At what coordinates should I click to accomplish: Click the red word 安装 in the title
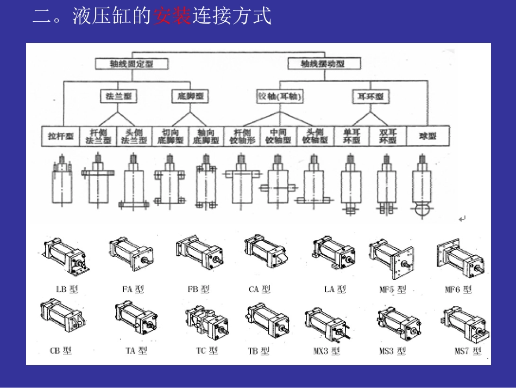click(172, 16)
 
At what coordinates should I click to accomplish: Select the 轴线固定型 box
click(132, 64)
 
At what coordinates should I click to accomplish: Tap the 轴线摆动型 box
click(323, 64)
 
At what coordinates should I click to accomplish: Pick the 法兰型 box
click(119, 96)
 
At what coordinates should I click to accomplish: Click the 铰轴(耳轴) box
click(279, 96)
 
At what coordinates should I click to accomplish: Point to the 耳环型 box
click(370, 96)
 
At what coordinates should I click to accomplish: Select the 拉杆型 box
click(61, 136)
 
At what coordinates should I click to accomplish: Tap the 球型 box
click(427, 136)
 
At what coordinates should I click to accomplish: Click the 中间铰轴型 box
click(278, 136)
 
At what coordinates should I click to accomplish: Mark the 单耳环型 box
click(351, 136)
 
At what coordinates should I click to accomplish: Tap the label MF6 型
click(458, 289)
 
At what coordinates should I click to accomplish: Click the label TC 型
click(207, 351)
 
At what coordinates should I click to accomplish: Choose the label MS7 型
click(468, 351)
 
